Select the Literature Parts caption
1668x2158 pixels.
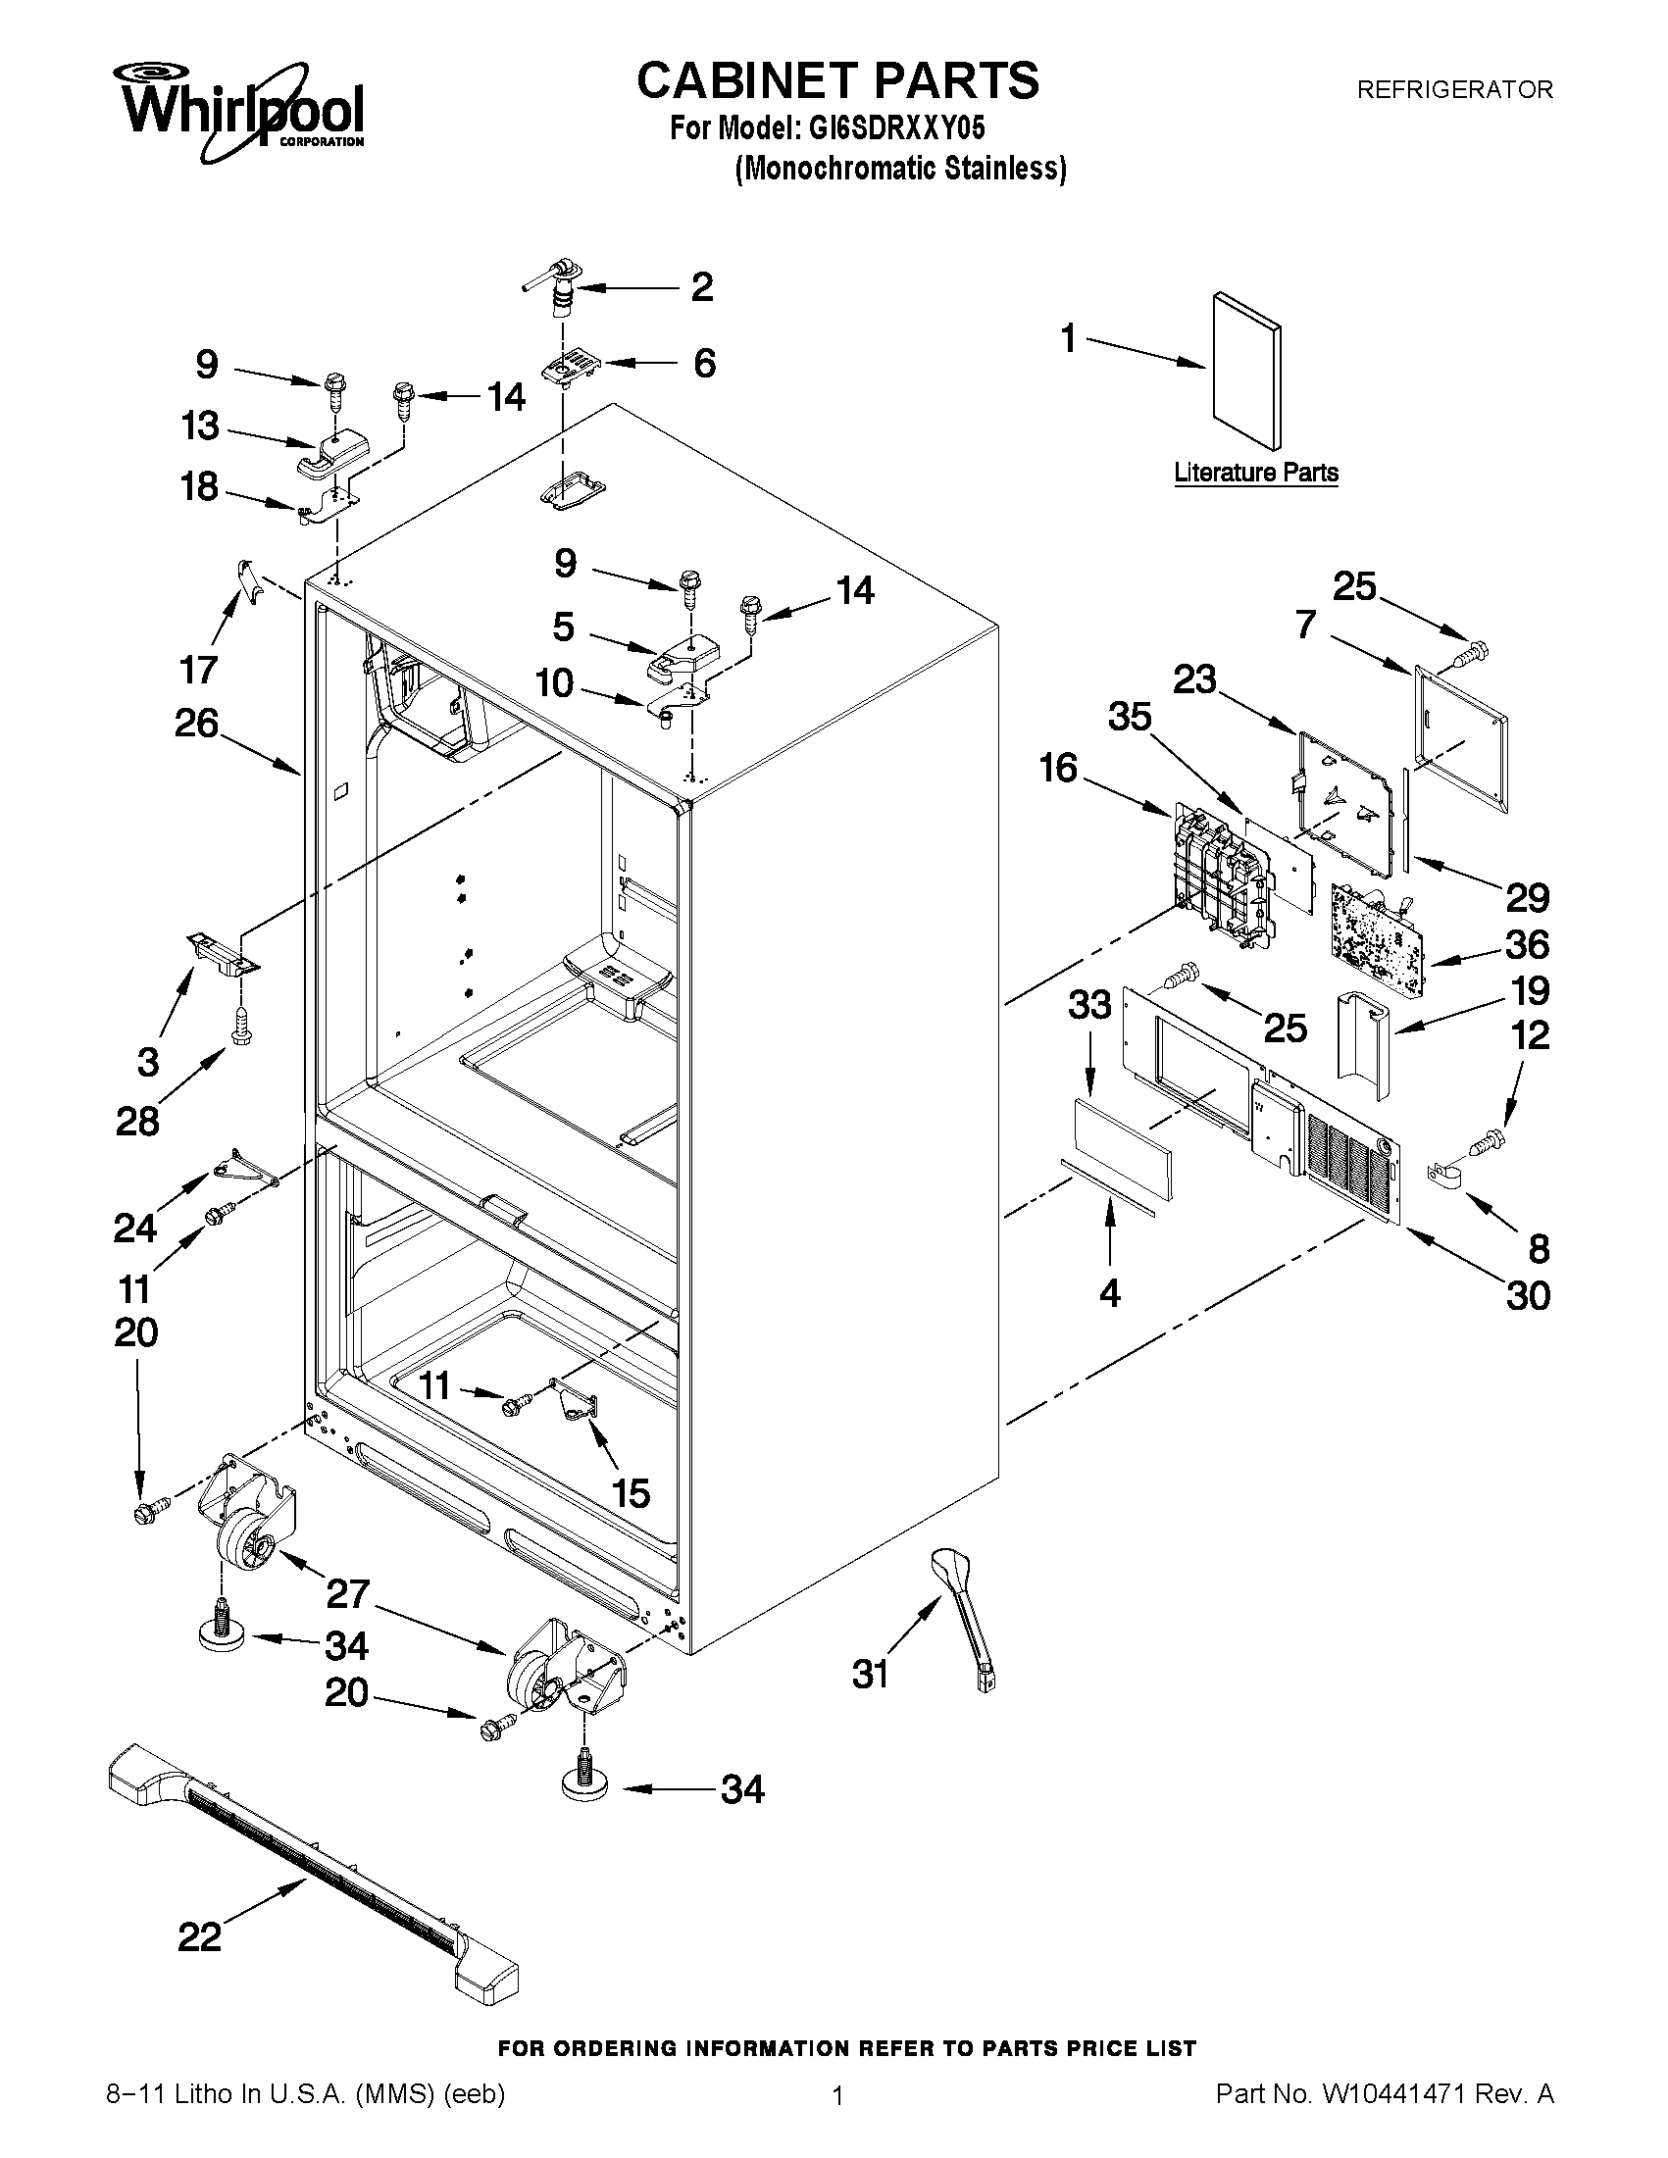[x=1256, y=473]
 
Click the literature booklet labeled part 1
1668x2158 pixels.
[x=1246, y=370]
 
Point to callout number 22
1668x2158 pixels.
[x=200, y=1937]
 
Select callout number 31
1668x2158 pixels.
[x=871, y=1674]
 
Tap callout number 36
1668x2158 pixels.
[x=1527, y=944]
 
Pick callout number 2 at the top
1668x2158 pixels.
[x=701, y=287]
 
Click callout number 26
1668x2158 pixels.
[x=196, y=724]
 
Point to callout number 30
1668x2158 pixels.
[x=1528, y=1295]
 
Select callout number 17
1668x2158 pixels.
[x=199, y=670]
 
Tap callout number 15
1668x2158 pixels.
[x=631, y=1493]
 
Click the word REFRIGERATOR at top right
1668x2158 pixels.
[x=1454, y=90]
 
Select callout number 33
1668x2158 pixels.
[x=1089, y=1006]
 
